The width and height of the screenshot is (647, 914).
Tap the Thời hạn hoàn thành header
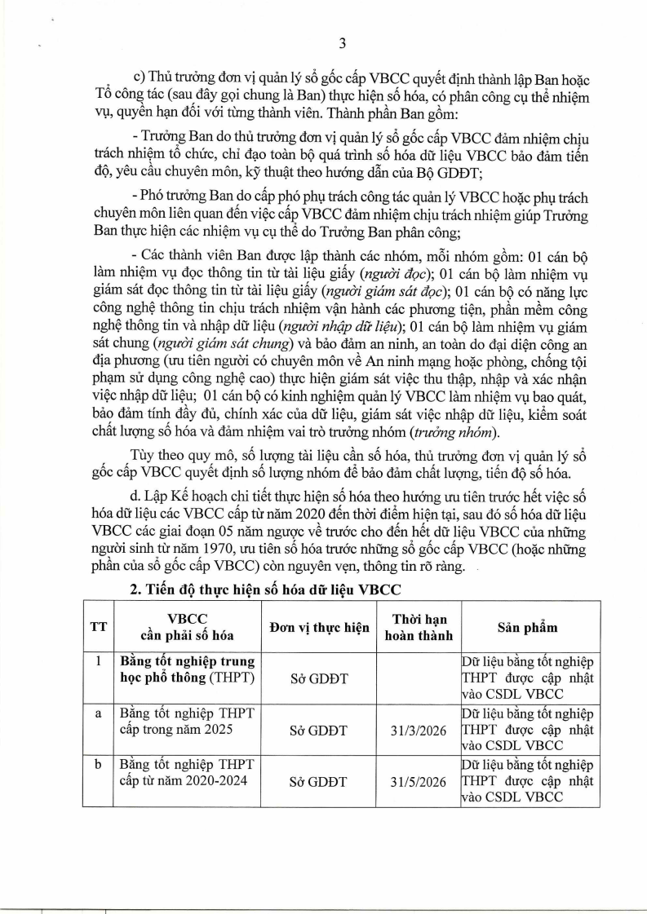click(x=418, y=626)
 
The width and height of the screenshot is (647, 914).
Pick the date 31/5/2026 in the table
click(x=418, y=781)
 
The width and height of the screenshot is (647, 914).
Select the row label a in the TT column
click(x=98, y=713)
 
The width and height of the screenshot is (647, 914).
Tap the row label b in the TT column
click(x=98, y=765)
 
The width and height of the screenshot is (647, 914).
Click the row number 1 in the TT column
click(x=98, y=661)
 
